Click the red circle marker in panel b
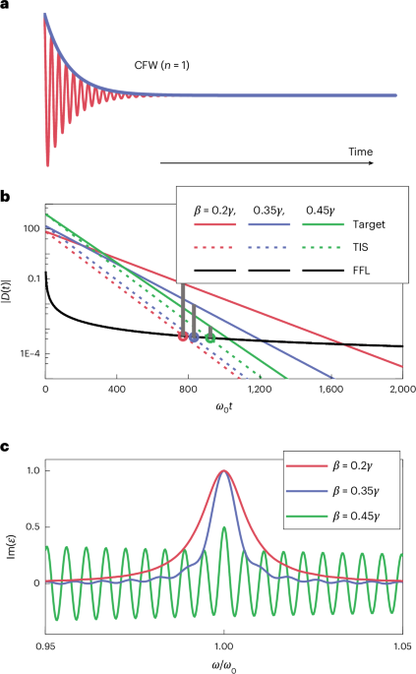(x=182, y=337)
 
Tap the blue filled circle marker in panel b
(x=194, y=337)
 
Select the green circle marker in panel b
(x=210, y=338)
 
